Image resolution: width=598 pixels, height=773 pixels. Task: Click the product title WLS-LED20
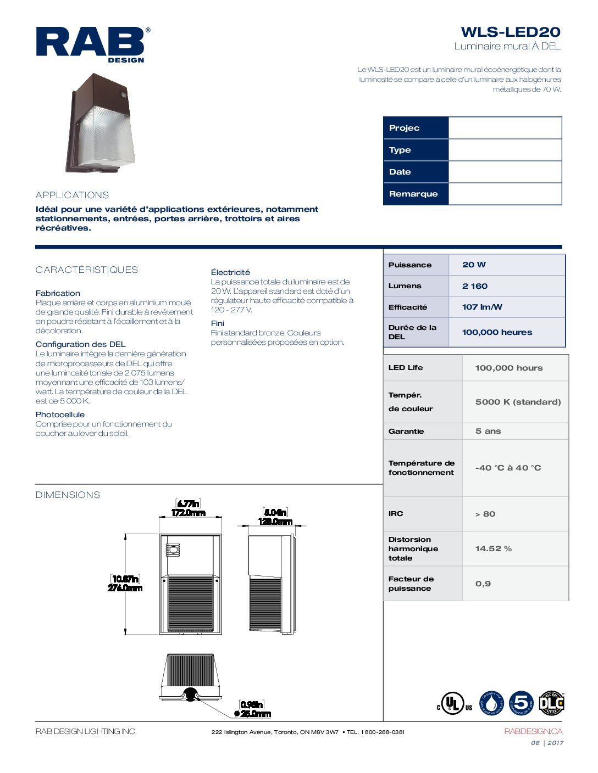click(510, 32)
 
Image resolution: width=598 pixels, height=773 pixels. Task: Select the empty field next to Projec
click(505, 128)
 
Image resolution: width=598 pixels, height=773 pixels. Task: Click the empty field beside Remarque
click(505, 194)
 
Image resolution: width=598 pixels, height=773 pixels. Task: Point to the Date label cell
click(416, 172)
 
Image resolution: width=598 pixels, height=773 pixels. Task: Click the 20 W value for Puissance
click(474, 265)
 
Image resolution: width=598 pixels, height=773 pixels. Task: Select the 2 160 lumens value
click(475, 286)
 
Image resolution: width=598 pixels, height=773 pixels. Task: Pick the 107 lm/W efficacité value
click(482, 307)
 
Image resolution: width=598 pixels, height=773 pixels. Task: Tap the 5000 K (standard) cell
click(518, 402)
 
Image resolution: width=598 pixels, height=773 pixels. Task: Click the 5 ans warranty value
click(488, 431)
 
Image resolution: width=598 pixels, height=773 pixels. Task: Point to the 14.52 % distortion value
click(493, 548)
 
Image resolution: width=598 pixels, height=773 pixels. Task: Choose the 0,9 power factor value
click(483, 584)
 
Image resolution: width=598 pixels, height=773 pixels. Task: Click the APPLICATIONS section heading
click(72, 195)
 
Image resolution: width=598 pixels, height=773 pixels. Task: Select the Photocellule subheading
click(60, 414)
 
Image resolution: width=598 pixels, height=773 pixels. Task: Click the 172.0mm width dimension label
click(188, 513)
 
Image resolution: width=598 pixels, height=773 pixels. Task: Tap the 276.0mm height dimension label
click(125, 588)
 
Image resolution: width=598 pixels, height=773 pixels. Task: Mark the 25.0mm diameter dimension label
click(255, 714)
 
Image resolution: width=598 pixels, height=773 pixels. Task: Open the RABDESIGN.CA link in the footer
click(533, 731)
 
